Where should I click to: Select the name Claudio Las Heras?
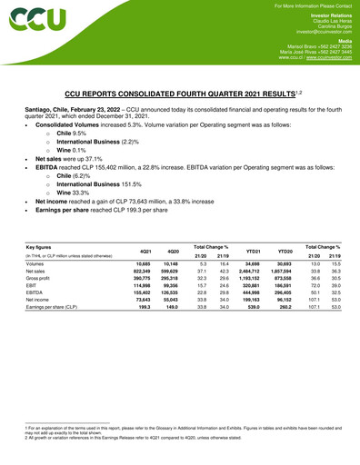[x=329, y=20]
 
